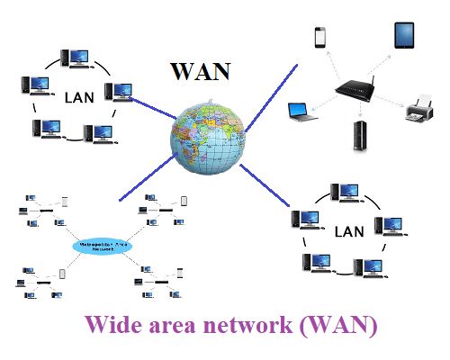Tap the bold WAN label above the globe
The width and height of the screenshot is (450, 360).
point(202,70)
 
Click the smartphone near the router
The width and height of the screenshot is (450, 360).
point(319,38)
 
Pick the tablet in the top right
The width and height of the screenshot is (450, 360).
point(404,37)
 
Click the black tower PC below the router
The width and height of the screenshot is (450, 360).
point(361,136)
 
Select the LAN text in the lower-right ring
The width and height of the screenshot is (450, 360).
point(348,231)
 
